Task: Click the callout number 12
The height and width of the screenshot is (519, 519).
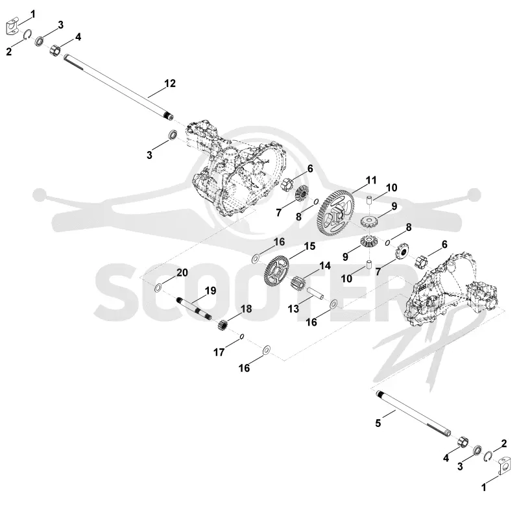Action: click(170, 84)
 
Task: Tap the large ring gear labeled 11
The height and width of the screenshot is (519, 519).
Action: click(335, 213)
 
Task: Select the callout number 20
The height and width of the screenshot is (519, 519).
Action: click(182, 272)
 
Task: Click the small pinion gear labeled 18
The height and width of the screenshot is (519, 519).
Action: click(223, 325)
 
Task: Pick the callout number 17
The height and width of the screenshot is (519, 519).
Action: click(219, 352)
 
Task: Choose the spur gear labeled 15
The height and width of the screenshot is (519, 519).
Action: click(277, 272)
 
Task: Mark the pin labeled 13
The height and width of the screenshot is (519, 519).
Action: click(317, 294)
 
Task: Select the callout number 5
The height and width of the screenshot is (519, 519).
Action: click(378, 423)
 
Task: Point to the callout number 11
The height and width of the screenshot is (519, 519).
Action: click(371, 180)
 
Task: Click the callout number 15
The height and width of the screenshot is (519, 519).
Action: click(309, 247)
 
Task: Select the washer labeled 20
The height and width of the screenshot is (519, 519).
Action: click(158, 287)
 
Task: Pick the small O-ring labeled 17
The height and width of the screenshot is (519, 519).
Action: click(242, 337)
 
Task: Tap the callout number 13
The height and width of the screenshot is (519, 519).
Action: click(293, 309)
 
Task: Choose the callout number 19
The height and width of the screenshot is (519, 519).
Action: click(210, 291)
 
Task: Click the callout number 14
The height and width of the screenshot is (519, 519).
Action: click(325, 266)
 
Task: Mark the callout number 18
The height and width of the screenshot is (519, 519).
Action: click(247, 309)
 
